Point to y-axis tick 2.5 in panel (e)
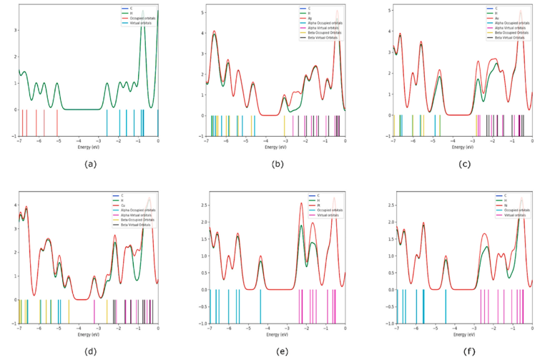202,205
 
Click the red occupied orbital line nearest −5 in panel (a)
57,122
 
